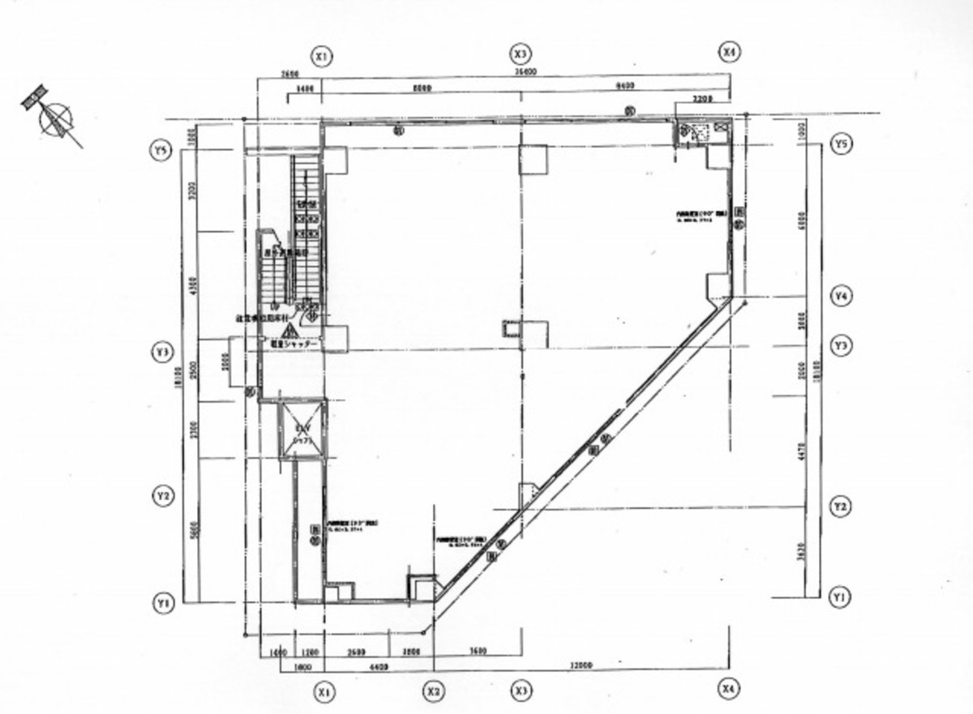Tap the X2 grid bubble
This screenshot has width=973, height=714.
coord(434,691)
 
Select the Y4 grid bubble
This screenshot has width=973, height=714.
coord(842,296)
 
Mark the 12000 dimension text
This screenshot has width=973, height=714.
coord(581,665)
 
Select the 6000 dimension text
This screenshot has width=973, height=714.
coord(801,220)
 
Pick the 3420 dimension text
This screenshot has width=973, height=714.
coord(801,554)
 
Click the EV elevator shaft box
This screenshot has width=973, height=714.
coord(302,430)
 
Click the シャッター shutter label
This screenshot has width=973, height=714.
coord(293,344)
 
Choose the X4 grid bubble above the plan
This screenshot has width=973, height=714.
coord(729,53)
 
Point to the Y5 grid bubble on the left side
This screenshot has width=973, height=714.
coord(162,150)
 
